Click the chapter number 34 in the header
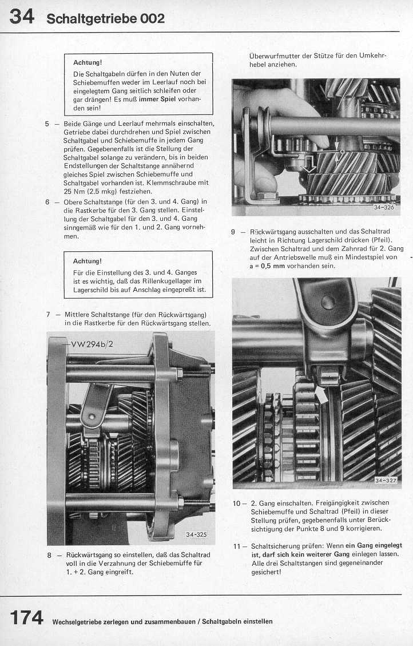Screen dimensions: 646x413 pyautogui.click(x=22, y=17)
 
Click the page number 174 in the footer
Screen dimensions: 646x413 pyautogui.click(x=27, y=618)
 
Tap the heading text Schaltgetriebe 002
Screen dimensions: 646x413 pyautogui.click(x=106, y=18)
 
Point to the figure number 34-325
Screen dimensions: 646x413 pyautogui.click(x=196, y=534)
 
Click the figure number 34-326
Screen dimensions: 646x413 pyautogui.click(x=384, y=208)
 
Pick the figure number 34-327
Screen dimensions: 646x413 pyautogui.click(x=386, y=480)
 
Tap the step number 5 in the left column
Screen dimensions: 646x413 pyautogui.click(x=47, y=124)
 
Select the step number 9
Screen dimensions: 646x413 pyautogui.click(x=233, y=232)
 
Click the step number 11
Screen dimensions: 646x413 pyautogui.click(x=237, y=546)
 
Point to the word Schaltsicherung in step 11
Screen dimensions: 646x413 pyautogui.click(x=275, y=546)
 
